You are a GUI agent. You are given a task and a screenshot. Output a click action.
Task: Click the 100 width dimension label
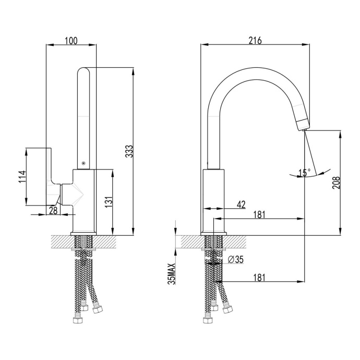point(71,41)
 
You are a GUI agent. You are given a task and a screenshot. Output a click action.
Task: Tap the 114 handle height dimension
point(21,177)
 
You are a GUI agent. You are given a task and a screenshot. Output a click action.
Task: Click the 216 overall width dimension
point(255,41)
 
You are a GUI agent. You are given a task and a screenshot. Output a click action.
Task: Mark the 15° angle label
point(304,173)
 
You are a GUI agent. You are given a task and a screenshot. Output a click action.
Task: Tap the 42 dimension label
point(241,204)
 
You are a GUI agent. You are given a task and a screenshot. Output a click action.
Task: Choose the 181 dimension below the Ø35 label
point(259,278)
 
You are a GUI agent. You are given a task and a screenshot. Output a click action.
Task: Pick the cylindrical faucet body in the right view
point(213,201)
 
